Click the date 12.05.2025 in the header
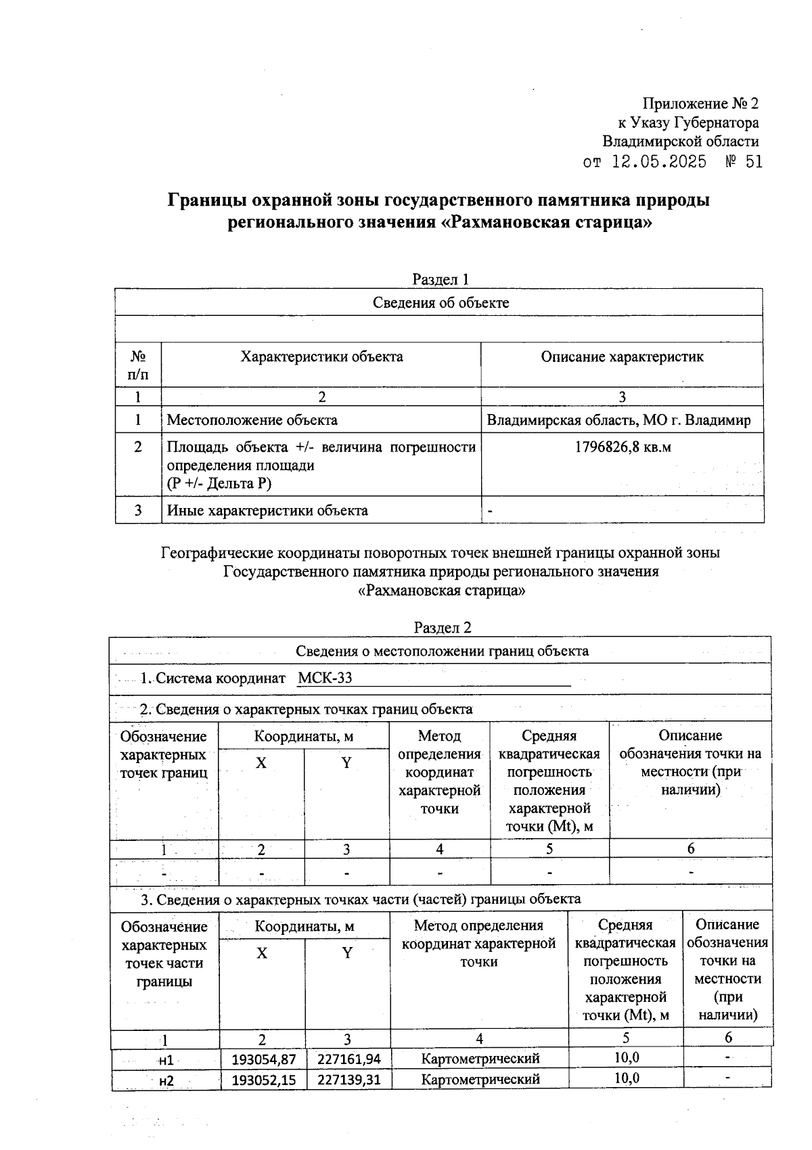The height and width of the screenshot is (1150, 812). pyautogui.click(x=659, y=162)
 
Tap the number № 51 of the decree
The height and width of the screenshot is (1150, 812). pyautogui.click(x=744, y=162)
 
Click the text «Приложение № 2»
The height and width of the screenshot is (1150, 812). pyautogui.click(x=700, y=103)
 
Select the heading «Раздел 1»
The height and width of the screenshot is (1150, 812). pyautogui.click(x=441, y=279)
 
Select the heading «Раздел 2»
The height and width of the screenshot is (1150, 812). pyautogui.click(x=442, y=628)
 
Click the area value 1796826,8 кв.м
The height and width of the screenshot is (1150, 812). pyautogui.click(x=623, y=447)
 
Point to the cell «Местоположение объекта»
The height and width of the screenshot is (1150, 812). pyautogui.click(x=252, y=420)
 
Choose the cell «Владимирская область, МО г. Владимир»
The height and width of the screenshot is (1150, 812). pyautogui.click(x=618, y=420)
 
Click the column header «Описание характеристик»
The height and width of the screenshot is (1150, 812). pyautogui.click(x=622, y=356)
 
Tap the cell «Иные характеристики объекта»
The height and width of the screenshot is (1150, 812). pyautogui.click(x=267, y=511)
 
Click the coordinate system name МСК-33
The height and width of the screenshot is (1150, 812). pyautogui.click(x=325, y=678)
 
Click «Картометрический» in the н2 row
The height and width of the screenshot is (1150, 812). pyautogui.click(x=480, y=1079)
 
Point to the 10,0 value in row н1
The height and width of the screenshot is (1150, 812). pyautogui.click(x=626, y=1057)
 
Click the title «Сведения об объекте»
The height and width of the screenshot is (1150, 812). pyautogui.click(x=441, y=302)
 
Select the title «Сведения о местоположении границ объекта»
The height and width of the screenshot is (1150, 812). pyautogui.click(x=442, y=651)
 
